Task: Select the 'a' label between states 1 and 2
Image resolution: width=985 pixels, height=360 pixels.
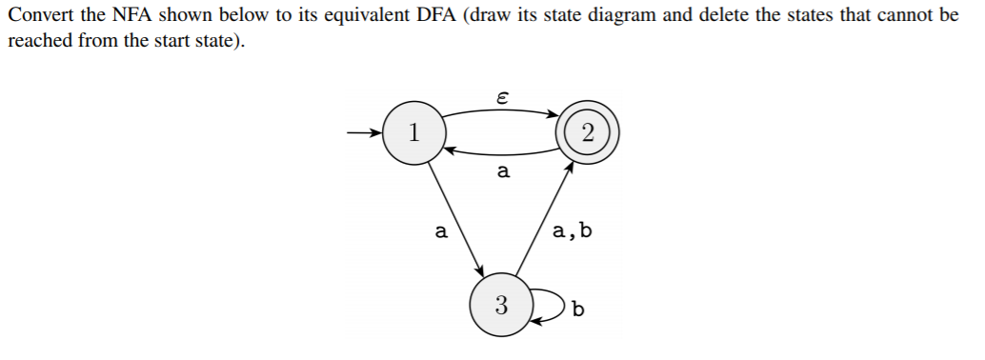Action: coord(503,172)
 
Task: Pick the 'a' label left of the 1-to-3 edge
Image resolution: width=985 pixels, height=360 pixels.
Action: coord(439,230)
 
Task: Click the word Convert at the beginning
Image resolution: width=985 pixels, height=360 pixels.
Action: coord(37,17)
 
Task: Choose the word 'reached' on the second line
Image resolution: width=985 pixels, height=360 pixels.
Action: coord(37,43)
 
